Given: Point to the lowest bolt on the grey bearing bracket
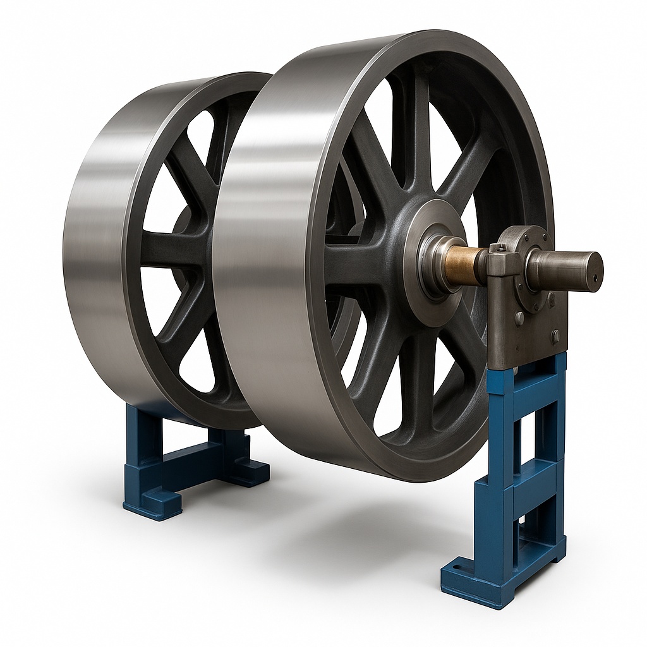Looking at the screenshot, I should [555, 336].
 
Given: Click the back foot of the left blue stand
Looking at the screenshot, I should [253, 471].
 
